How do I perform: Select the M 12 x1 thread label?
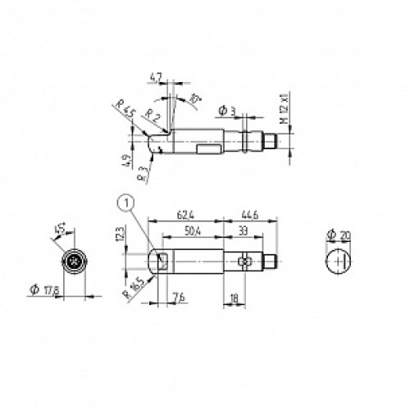tap(284, 107)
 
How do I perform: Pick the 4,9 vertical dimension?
tap(124, 159)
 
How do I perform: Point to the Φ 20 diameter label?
tap(338, 235)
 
